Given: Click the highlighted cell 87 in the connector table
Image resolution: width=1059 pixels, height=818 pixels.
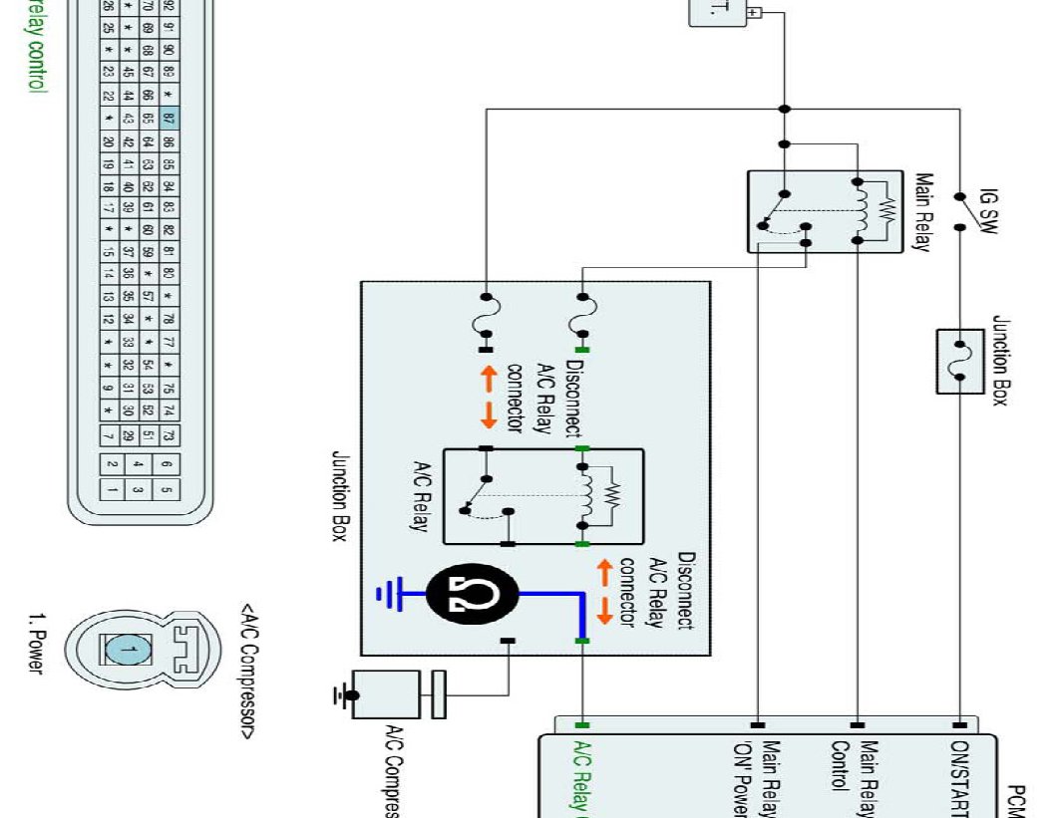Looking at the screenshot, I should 169,118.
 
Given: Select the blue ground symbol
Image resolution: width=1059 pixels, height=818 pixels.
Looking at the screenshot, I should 387,595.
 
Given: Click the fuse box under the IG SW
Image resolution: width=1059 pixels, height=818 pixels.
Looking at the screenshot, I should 960,361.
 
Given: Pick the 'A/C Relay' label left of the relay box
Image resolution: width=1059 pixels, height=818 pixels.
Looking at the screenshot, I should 420,495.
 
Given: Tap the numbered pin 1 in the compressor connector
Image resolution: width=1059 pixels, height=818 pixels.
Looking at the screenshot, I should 126,651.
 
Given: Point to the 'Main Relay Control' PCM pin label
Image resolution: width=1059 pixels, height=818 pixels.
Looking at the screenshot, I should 856,778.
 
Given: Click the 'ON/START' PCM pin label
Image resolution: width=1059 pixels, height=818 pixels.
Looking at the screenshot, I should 960,778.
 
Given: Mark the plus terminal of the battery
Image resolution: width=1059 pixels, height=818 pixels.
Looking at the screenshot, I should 754,13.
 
